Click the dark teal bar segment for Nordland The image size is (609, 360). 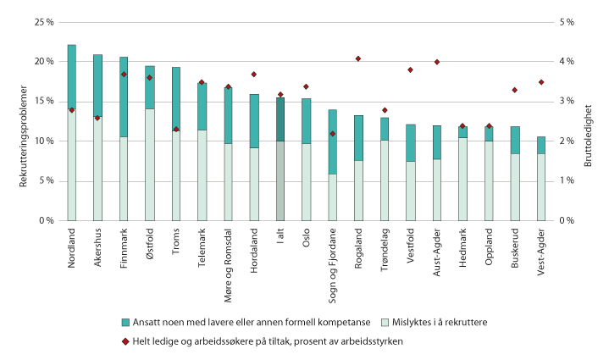72,76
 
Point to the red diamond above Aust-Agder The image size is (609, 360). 437,62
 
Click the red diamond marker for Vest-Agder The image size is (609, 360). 540,82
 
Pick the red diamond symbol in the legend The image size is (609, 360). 126,341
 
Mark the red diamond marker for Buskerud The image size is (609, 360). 515,90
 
